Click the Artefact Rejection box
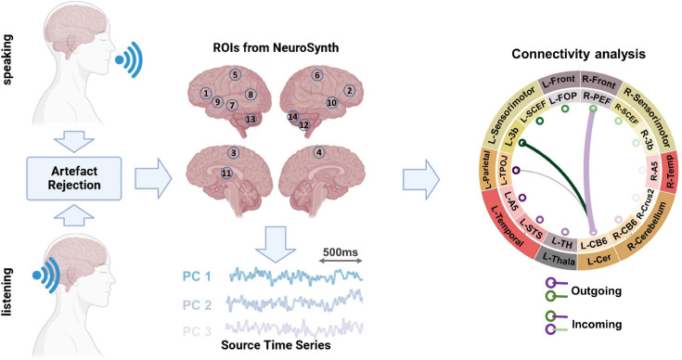coord(74,178)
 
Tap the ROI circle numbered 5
coord(236,75)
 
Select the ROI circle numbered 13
coord(251,119)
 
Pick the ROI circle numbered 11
coord(226,174)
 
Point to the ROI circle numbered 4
coord(320,152)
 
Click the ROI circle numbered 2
coord(349,91)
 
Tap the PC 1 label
coord(197,276)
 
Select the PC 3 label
coord(197,332)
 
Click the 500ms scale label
coord(341,252)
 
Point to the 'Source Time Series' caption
coord(276,345)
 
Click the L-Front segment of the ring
coord(560,81)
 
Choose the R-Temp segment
coord(670,172)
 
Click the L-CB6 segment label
coord(594,244)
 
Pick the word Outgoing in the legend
coord(596,290)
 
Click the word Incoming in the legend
coord(597,325)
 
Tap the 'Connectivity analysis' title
coord(578,54)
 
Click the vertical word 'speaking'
coord(8,59)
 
